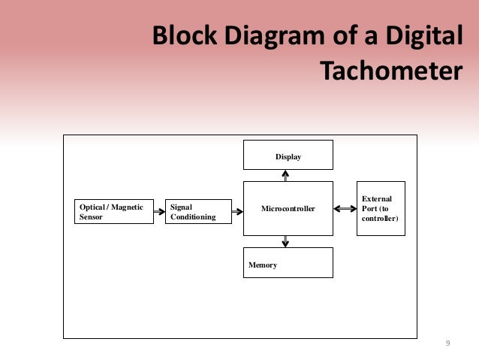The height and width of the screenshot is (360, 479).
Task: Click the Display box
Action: pyautogui.click(x=288, y=156)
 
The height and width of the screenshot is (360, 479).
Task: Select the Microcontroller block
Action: pyautogui.click(x=288, y=208)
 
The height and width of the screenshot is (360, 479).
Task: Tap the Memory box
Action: pyautogui.click(x=288, y=262)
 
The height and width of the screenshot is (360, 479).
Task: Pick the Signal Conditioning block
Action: pyautogui.click(x=198, y=211)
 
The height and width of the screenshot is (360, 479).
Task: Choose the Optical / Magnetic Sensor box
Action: pyautogui.click(x=113, y=211)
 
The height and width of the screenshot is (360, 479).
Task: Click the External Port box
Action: pyautogui.click(x=381, y=208)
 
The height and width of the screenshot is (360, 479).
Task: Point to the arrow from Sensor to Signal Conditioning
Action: pyautogui.click(x=159, y=212)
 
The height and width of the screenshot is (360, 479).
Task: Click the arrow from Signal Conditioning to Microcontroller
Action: pyautogui.click(x=237, y=212)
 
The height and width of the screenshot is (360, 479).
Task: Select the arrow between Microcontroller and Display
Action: pyautogui.click(x=285, y=175)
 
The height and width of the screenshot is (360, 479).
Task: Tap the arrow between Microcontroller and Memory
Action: pyautogui.click(x=285, y=241)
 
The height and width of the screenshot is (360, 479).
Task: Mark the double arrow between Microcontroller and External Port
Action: pyautogui.click(x=345, y=208)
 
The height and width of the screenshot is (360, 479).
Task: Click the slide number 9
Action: pyautogui.click(x=447, y=343)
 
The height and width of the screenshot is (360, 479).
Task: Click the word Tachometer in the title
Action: pyautogui.click(x=388, y=70)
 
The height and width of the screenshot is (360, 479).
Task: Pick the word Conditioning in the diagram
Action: pyautogui.click(x=193, y=217)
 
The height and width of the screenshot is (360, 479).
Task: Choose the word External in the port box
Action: pyautogui.click(x=376, y=198)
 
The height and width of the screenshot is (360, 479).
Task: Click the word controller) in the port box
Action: pyautogui.click(x=380, y=218)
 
